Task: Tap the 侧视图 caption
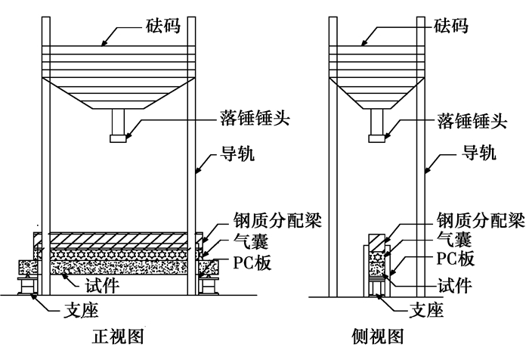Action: coord(378,337)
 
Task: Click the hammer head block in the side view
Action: coord(378,138)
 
